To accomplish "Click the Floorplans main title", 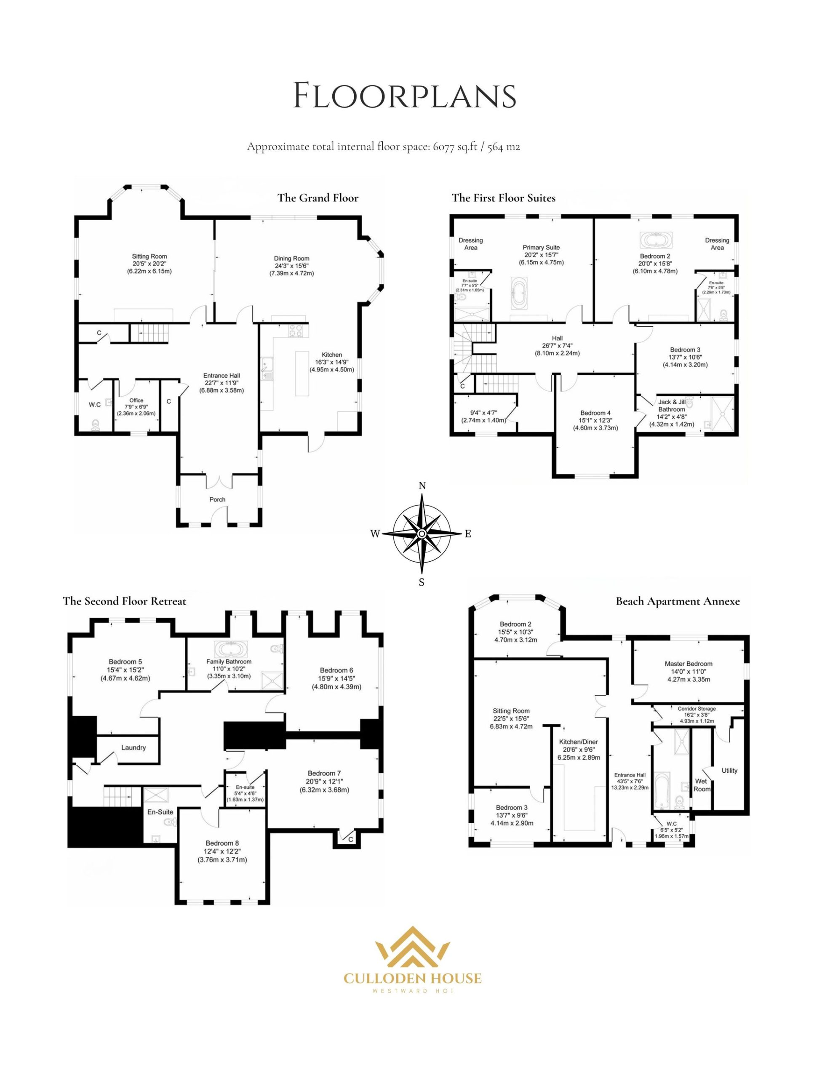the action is point(405,96).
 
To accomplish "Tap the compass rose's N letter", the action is point(422,486).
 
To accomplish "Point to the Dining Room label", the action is point(291,258).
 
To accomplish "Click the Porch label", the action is point(217,499).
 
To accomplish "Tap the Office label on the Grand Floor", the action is point(136,400).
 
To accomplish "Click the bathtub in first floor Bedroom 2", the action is point(656,241).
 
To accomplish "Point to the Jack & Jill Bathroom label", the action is point(672,406).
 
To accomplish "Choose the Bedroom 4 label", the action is point(595,413).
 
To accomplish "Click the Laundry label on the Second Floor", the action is point(133,747).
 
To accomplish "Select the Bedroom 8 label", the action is point(222,843).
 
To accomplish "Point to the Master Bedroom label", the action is point(688,664).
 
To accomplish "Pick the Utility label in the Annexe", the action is point(729,771).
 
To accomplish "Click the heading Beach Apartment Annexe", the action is point(678,601).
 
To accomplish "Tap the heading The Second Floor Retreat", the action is point(124,601).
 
